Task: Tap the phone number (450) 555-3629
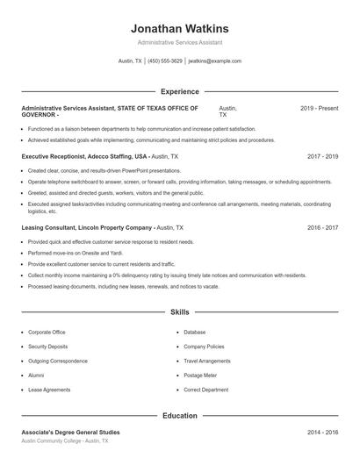click(x=165, y=61)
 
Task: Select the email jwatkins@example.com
click(x=215, y=61)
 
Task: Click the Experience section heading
click(x=180, y=91)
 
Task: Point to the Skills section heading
click(x=180, y=311)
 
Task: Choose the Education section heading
click(x=180, y=416)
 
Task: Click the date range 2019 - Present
click(x=319, y=108)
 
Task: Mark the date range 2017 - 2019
click(x=322, y=156)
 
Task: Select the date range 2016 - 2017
click(x=322, y=227)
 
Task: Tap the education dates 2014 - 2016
click(x=322, y=433)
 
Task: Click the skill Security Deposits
click(x=51, y=347)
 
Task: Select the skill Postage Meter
click(x=201, y=375)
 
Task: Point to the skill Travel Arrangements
click(x=207, y=361)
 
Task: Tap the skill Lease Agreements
click(x=50, y=389)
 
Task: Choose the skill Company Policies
click(x=205, y=347)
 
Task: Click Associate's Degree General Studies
click(x=70, y=433)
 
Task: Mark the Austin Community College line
click(x=65, y=441)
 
